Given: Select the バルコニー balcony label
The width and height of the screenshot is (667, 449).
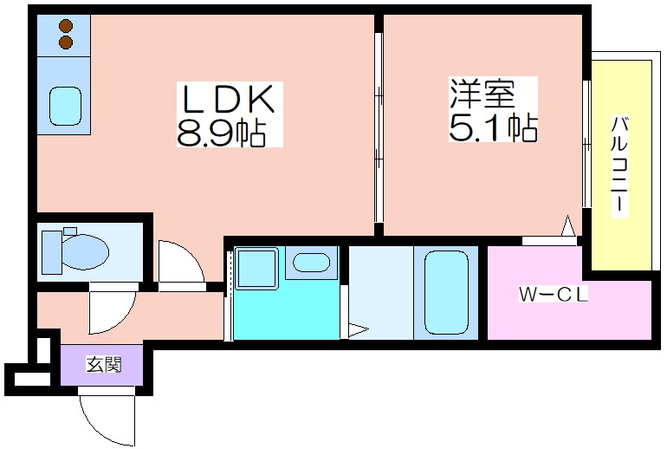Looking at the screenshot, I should pos(620,165).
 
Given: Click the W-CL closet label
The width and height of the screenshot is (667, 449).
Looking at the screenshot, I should pos(554,295).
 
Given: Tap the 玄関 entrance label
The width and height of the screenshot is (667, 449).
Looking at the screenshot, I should pos(104,365).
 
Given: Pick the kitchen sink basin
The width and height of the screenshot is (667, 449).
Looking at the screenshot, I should pos(65,105).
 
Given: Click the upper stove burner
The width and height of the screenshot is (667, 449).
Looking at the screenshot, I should pos(65,26).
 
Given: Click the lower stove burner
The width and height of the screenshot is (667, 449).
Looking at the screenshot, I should pos(65,42).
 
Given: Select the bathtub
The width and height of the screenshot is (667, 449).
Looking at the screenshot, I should pos(445,291).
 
